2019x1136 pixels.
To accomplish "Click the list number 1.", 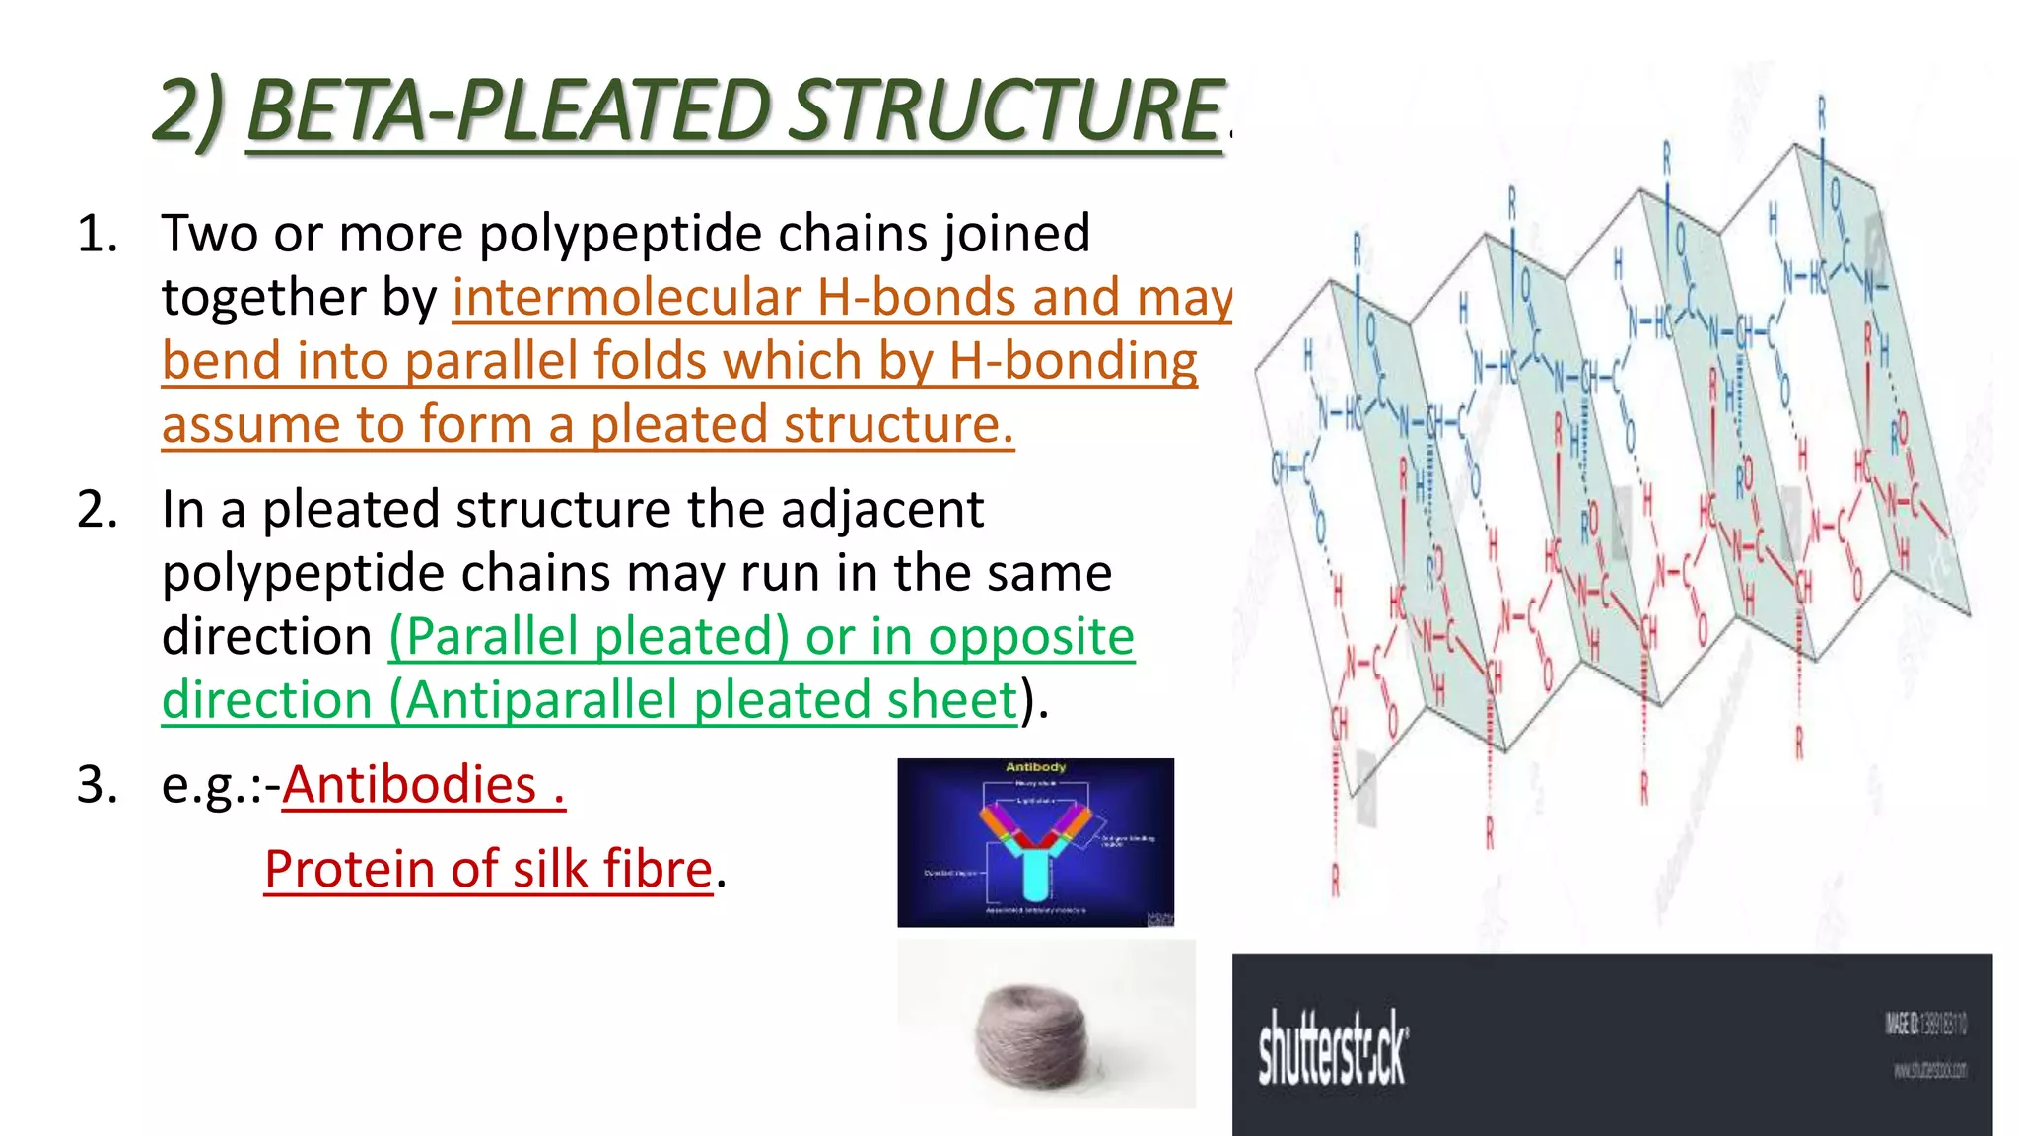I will [97, 235].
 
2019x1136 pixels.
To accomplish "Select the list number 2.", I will [97, 510].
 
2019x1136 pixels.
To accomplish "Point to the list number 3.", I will [97, 785].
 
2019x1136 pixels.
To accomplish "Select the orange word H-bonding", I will [1073, 361].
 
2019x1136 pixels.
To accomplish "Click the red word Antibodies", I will [409, 785].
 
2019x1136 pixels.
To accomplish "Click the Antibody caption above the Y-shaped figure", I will [1035, 767].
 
